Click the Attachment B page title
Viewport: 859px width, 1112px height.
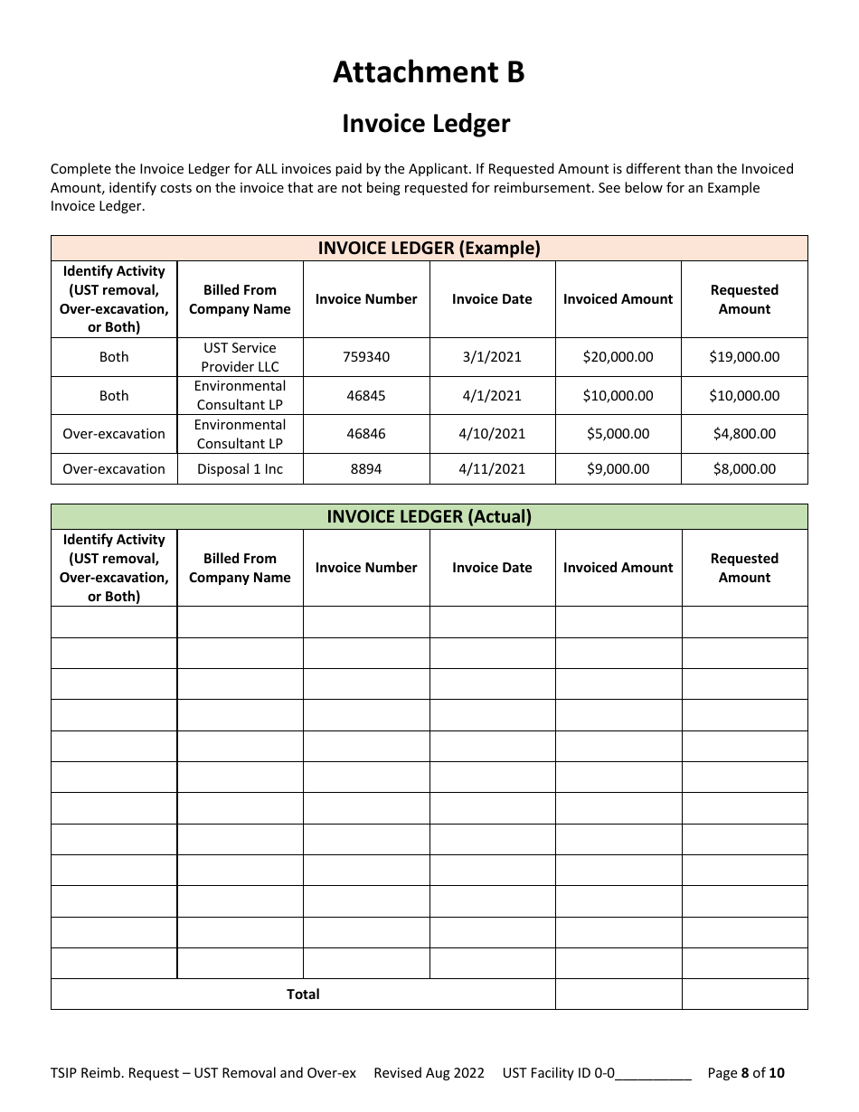coord(429,72)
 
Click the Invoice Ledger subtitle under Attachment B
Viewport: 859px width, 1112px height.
coord(426,124)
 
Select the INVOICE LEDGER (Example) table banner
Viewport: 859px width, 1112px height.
coord(429,249)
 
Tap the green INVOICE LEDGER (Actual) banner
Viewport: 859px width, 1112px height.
coord(429,517)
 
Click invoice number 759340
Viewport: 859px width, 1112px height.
coord(366,357)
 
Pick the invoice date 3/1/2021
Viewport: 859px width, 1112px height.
coord(492,357)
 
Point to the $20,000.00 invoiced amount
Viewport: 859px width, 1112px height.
coord(618,357)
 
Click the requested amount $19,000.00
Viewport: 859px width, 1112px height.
coord(744,357)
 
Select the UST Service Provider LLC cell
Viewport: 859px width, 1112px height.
coord(240,357)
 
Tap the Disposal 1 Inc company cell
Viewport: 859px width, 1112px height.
coord(240,469)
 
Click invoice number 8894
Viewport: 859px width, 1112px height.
coord(366,469)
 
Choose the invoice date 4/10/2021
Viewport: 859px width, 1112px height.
coord(492,434)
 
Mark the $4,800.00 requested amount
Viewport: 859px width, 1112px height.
coord(744,434)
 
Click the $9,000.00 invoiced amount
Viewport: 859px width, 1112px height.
coord(618,469)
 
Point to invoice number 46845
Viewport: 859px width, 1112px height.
coord(366,396)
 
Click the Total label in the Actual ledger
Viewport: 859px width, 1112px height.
coord(303,994)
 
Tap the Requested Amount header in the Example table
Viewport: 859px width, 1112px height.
coord(744,299)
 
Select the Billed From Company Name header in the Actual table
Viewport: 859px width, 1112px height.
coord(240,568)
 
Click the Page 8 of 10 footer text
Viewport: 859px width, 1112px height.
coord(746,1073)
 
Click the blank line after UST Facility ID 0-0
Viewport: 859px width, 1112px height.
coord(654,1074)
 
